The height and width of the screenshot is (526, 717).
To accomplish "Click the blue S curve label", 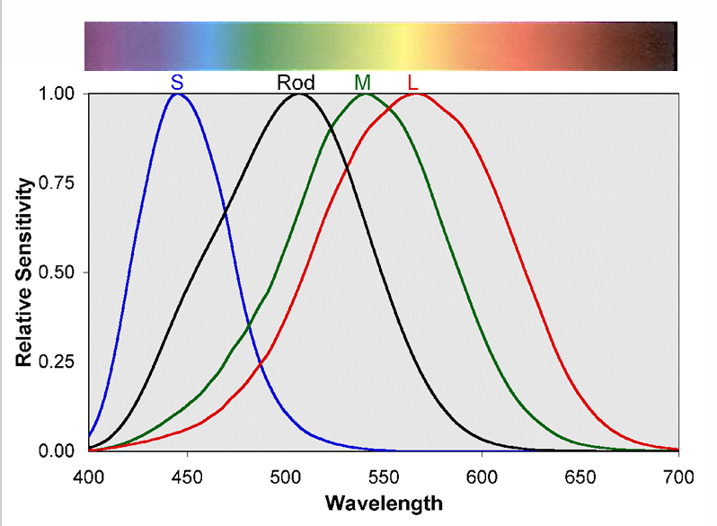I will click(177, 83).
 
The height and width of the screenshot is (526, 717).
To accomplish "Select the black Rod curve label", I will click(296, 83).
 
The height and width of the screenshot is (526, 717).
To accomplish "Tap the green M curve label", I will click(362, 83).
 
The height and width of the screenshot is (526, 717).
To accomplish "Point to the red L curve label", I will click(412, 83).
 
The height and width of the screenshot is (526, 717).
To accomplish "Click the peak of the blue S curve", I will click(177, 94).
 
